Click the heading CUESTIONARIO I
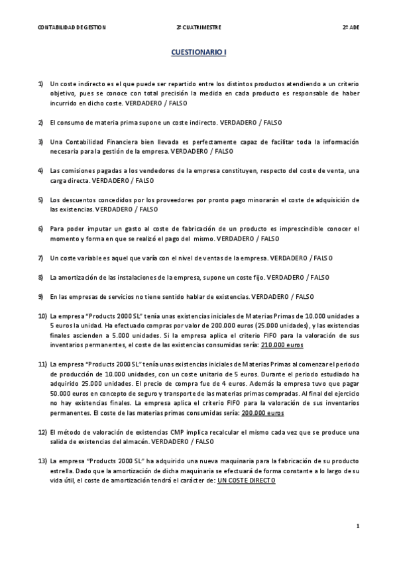199,51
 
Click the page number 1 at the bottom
358,526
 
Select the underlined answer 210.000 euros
282,345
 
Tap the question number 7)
41,258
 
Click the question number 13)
42,461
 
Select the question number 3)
41,142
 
